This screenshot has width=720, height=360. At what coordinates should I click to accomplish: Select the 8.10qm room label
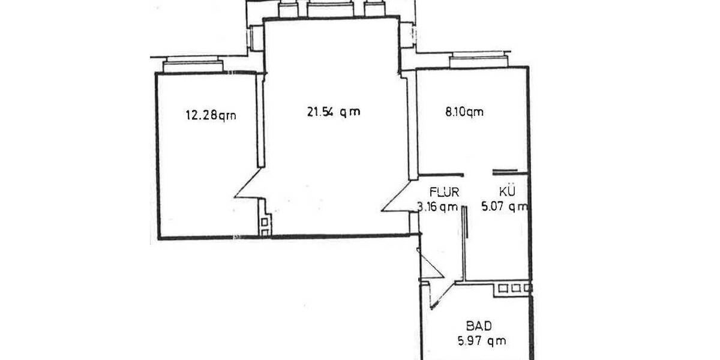tap(464, 112)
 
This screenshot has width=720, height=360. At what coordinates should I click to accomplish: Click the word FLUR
tap(445, 193)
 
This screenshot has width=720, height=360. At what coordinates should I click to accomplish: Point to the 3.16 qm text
tap(437, 208)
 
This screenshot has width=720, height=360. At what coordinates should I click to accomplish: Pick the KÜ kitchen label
tap(505, 193)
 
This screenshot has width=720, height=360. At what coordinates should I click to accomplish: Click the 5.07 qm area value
tap(505, 208)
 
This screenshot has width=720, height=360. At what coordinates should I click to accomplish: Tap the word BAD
tap(479, 326)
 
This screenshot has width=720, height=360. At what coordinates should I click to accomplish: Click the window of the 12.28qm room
tap(193, 64)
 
